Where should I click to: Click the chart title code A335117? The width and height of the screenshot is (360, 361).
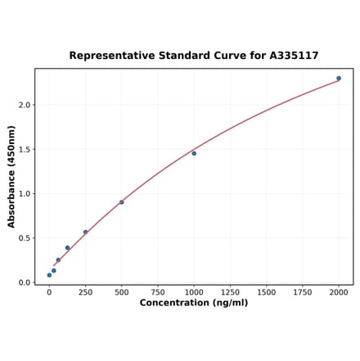[x=292, y=56]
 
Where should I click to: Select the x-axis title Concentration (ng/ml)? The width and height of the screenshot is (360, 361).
[x=194, y=303]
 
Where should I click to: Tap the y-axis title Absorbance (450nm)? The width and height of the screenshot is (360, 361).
[x=11, y=176]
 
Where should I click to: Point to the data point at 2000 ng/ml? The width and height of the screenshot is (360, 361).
[x=339, y=79]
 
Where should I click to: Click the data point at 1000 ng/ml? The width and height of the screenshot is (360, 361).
[x=194, y=153]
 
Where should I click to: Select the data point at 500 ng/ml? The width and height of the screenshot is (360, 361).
[x=122, y=202]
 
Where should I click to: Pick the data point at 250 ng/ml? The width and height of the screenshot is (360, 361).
[x=85, y=232]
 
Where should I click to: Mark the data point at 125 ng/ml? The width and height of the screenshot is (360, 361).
[x=67, y=247]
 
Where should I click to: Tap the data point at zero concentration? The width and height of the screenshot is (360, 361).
[x=49, y=275]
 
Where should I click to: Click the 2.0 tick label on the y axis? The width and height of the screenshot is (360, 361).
[x=25, y=105]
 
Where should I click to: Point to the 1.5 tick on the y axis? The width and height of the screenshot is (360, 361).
[x=25, y=149]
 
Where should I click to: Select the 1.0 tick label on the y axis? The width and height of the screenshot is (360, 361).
[x=25, y=194]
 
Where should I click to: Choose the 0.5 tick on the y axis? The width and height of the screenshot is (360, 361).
[x=25, y=238]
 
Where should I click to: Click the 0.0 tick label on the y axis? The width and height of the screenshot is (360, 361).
[x=25, y=282]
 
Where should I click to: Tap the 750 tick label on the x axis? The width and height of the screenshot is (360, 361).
[x=158, y=291]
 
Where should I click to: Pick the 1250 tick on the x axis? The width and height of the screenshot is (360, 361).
[x=230, y=291]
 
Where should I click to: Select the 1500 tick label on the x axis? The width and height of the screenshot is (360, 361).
[x=266, y=291]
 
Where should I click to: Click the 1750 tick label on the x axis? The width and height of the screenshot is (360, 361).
[x=303, y=291]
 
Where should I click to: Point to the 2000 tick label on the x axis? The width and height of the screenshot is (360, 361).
[x=339, y=291]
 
